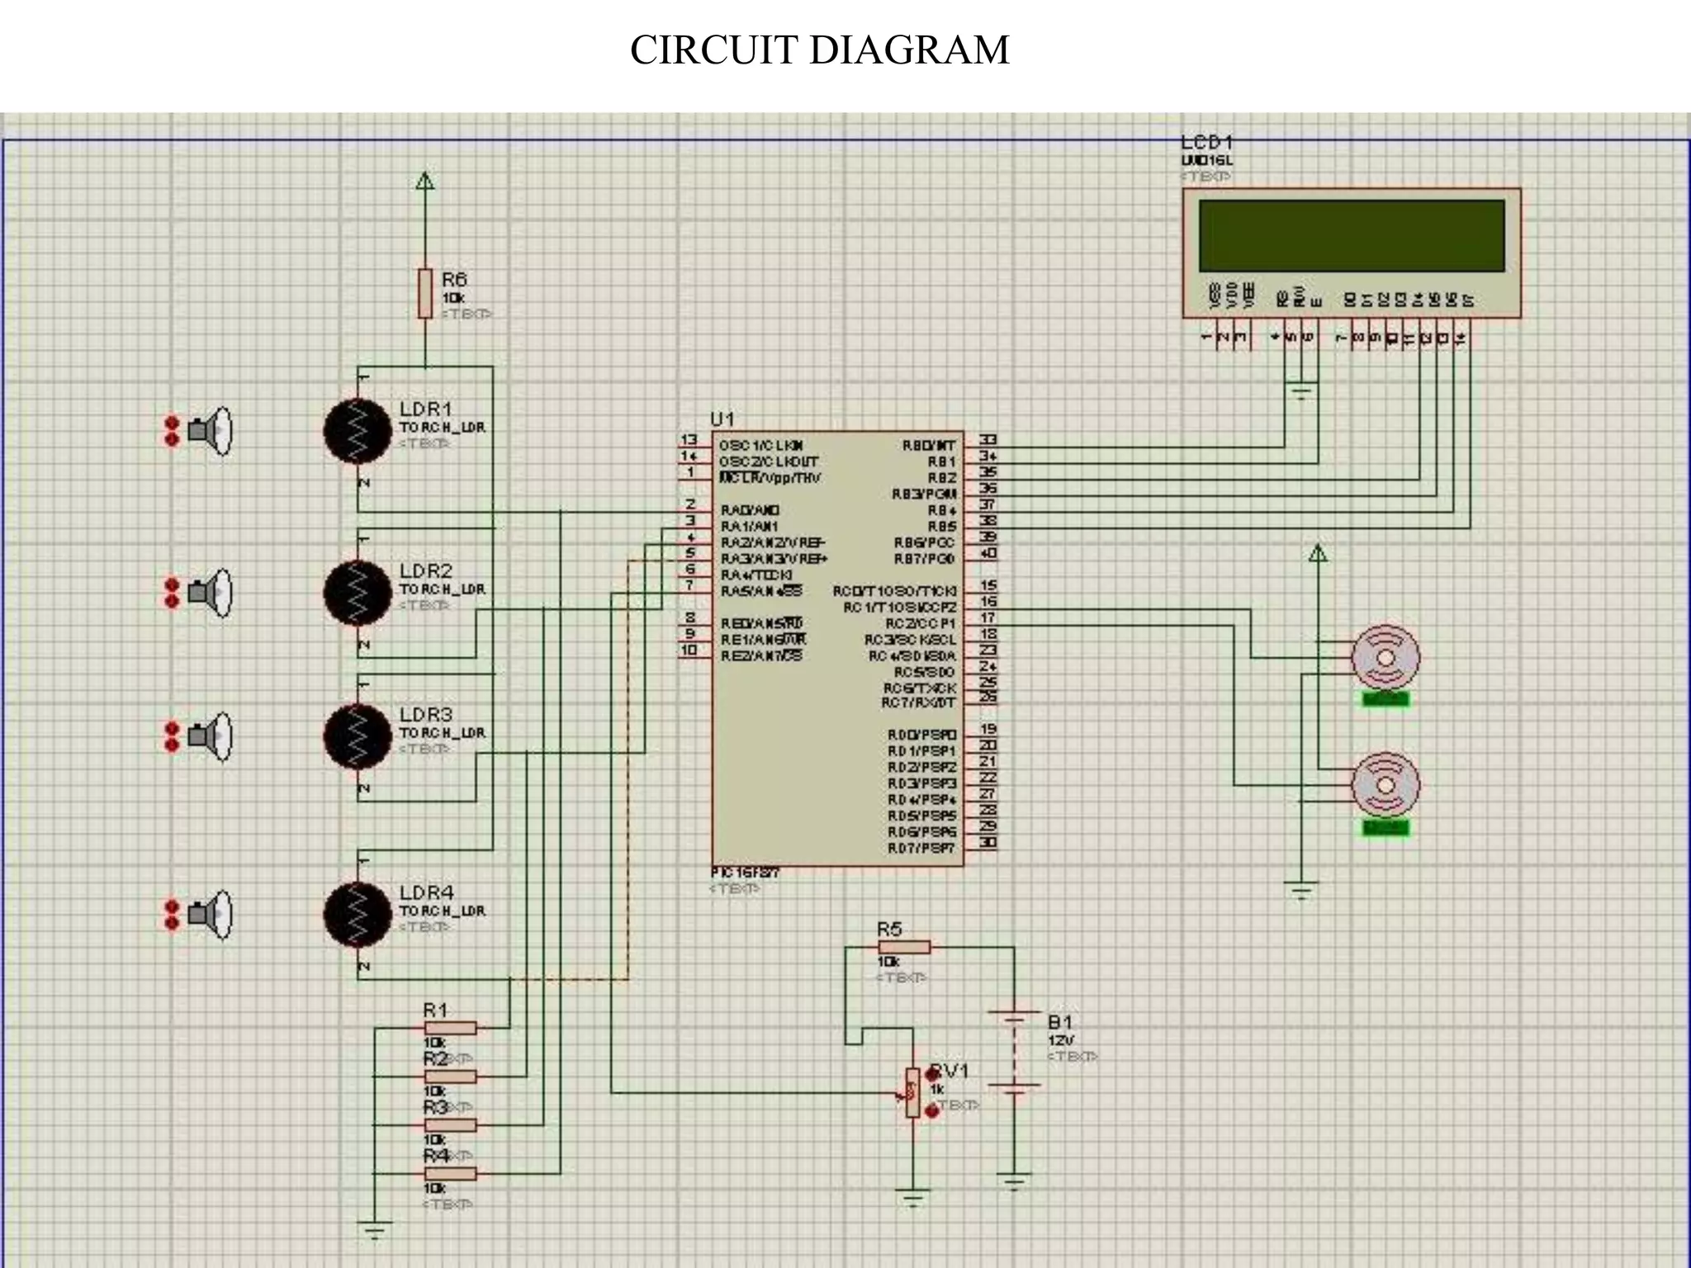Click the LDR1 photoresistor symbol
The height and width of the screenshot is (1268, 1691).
pyautogui.click(x=358, y=430)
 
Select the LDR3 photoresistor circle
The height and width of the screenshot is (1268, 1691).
pyautogui.click(x=358, y=736)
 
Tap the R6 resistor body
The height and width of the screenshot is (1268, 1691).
pyautogui.click(x=424, y=293)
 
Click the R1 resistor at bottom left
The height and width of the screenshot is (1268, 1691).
pyautogui.click(x=450, y=1028)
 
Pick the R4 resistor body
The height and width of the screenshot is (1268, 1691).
pyautogui.click(x=450, y=1173)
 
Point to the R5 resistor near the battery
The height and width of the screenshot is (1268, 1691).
pyautogui.click(x=903, y=947)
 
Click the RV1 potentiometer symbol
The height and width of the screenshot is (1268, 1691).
pyautogui.click(x=912, y=1093)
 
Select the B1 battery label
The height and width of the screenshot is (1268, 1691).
pyautogui.click(x=1059, y=1021)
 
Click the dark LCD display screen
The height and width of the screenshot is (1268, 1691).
pyautogui.click(x=1352, y=235)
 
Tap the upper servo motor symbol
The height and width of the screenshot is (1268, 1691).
pyautogui.click(x=1385, y=657)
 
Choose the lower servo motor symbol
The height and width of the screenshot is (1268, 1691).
pyautogui.click(x=1385, y=785)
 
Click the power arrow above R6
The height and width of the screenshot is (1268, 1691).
pyautogui.click(x=424, y=181)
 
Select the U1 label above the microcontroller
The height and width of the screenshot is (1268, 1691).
pyautogui.click(x=722, y=419)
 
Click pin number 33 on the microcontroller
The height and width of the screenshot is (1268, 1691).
pyautogui.click(x=988, y=440)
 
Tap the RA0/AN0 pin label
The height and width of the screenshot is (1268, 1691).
pyautogui.click(x=750, y=510)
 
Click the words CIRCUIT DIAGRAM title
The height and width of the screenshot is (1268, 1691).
pyautogui.click(x=819, y=50)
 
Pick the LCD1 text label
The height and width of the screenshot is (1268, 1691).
pyautogui.click(x=1206, y=143)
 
